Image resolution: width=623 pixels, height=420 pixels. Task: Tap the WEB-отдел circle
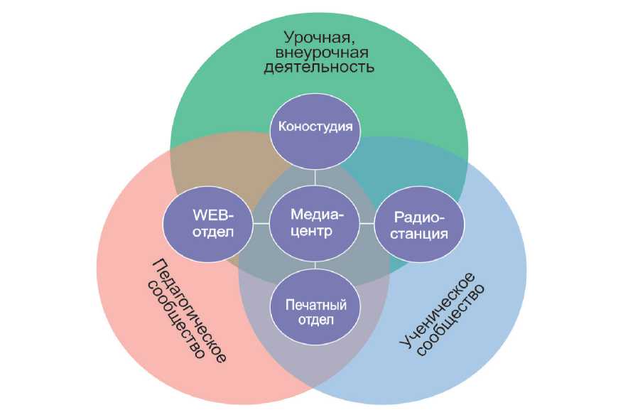[208, 223]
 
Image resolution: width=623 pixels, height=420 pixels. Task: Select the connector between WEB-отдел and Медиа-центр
[261, 223]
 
